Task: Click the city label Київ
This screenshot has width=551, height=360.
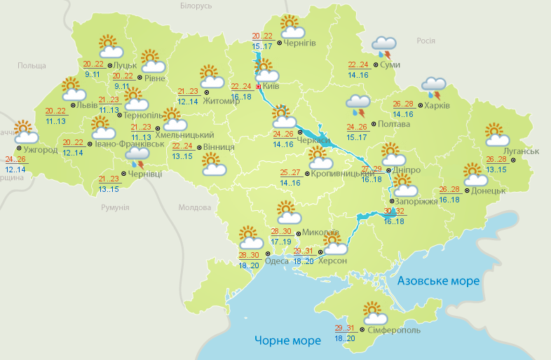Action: pyautogui.click(x=272, y=87)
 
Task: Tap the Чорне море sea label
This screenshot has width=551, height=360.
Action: pyautogui.click(x=288, y=340)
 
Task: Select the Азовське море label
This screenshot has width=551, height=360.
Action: pyautogui.click(x=439, y=281)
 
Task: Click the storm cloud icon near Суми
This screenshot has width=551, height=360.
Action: pyautogui.click(x=383, y=46)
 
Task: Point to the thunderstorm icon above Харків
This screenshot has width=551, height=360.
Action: pyautogui.click(x=434, y=88)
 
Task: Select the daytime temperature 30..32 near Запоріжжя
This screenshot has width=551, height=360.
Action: pyautogui.click(x=394, y=212)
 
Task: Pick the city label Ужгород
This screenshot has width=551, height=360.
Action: pyautogui.click(x=40, y=150)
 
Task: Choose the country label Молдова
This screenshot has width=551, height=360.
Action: pyautogui.click(x=194, y=208)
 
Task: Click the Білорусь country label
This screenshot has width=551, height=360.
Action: pyautogui.click(x=196, y=6)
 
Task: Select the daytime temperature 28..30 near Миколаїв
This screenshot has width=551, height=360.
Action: pyautogui.click(x=281, y=232)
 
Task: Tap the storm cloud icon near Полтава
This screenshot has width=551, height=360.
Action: pyautogui.click(x=358, y=104)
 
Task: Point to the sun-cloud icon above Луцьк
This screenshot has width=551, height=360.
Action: pyautogui.click(x=109, y=46)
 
